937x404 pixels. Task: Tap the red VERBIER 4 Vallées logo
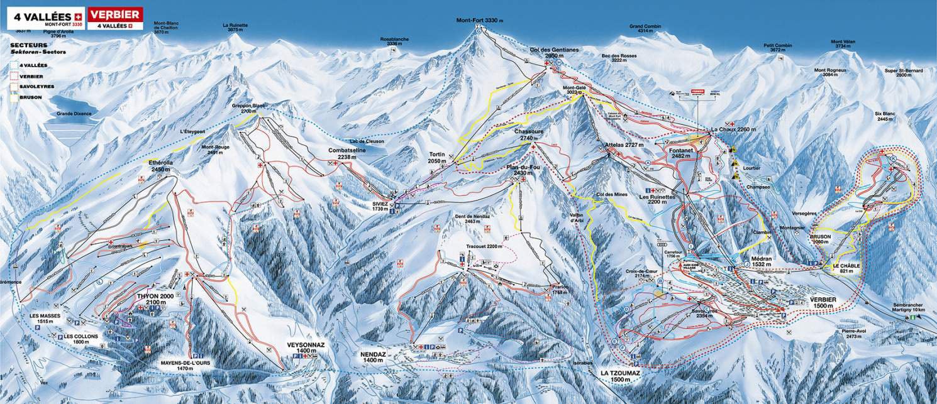pyautogui.click(x=115, y=18)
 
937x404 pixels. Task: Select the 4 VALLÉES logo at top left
pyautogui.click(x=45, y=18)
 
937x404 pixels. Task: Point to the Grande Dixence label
pyautogui.click(x=74, y=114)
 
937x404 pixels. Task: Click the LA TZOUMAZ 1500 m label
pyautogui.click(x=619, y=376)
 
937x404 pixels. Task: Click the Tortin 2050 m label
pyautogui.click(x=437, y=158)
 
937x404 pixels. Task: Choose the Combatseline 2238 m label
pyautogui.click(x=347, y=154)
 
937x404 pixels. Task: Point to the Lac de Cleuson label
pyautogui.click(x=363, y=141)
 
